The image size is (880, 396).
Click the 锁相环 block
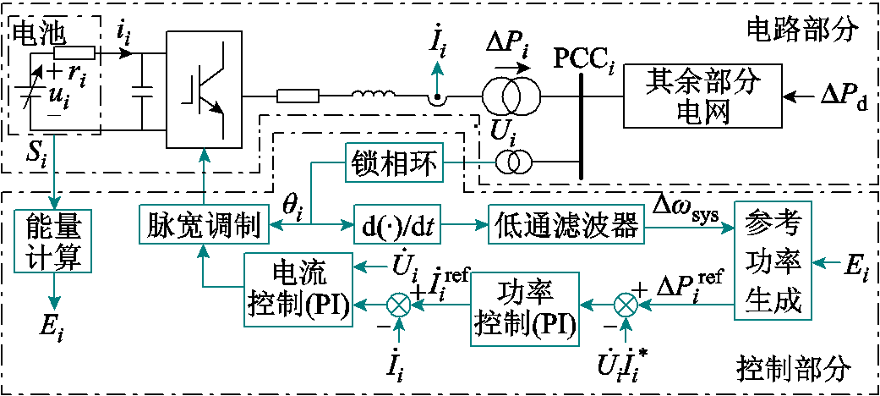pos(395,163)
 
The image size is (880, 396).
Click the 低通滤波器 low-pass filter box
pos(567,226)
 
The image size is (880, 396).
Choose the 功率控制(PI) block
pos(523,309)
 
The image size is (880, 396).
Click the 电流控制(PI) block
pos(298,289)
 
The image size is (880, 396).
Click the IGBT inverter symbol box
pos(205,91)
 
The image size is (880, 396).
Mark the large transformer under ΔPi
pos(510,96)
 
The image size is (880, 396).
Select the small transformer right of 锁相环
pos(511,163)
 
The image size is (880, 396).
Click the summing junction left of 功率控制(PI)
pos(399,306)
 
